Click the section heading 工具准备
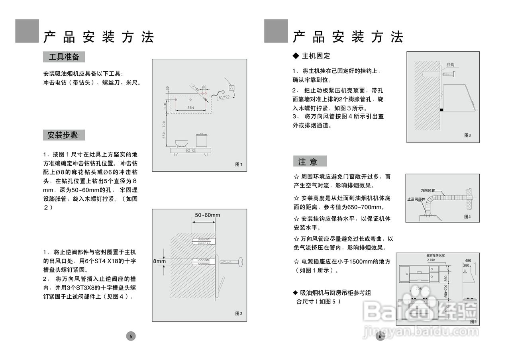coord(64,57)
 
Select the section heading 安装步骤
coord(64,135)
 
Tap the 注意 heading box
coord(310,161)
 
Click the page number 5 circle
coord(131,336)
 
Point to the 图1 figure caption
coord(239,164)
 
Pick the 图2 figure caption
coord(239,314)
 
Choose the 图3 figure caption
coord(467,135)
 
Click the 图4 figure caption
coord(467,216)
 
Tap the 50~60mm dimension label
coord(207,215)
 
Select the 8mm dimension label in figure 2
coord(159,261)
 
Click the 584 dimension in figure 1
coord(191,108)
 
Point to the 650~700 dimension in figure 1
coord(164,130)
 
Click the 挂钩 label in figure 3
coord(451,65)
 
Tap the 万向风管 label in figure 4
coord(428,190)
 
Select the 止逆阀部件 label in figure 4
coord(416,199)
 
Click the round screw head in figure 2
coord(241,261)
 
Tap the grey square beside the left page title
coord(27,31)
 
